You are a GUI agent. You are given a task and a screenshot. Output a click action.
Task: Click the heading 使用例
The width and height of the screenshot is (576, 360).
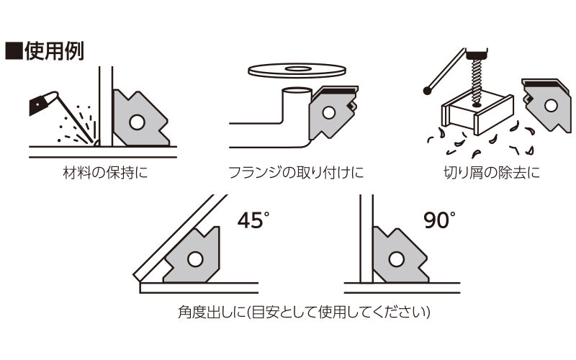pos(54,50)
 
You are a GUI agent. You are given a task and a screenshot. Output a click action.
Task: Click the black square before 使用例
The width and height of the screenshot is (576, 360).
pos(14,51)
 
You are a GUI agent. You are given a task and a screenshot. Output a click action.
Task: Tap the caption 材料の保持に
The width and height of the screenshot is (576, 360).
pos(105,172)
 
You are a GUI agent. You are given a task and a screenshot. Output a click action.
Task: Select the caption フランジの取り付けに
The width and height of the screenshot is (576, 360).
pos(296,172)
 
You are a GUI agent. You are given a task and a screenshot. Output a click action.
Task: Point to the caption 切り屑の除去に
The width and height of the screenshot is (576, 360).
pos(492,172)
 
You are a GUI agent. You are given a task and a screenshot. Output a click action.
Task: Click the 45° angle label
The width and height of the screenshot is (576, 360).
pos(253,220)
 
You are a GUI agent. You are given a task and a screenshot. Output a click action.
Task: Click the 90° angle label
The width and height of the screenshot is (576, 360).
pos(439,220)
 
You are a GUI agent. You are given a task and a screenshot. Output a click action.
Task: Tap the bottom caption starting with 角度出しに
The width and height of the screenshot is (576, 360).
pos(304,312)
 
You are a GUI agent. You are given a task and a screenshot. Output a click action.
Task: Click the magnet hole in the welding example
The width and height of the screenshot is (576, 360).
pos(137,122)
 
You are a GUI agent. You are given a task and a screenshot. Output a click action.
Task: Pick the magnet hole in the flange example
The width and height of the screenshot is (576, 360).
pos(328,113)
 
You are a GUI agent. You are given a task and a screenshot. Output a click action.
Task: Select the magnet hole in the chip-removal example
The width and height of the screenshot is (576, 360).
pos(551,105)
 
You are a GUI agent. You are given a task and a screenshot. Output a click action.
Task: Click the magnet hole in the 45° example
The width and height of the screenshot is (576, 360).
pos(195,259)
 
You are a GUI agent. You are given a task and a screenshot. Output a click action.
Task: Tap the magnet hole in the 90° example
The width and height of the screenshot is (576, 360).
pos(397,259)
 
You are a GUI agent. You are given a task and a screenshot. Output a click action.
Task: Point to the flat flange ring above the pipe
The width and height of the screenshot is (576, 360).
pos(297,70)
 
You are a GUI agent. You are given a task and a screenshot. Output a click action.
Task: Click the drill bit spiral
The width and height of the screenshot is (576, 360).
pos(476,80)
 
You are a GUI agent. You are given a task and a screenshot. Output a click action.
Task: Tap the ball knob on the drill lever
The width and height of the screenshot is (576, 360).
pos(427,91)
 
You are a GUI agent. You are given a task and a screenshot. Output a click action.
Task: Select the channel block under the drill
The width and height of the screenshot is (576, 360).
pos(477,114)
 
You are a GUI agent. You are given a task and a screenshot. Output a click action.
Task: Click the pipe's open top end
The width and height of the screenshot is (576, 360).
pos(297,91)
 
